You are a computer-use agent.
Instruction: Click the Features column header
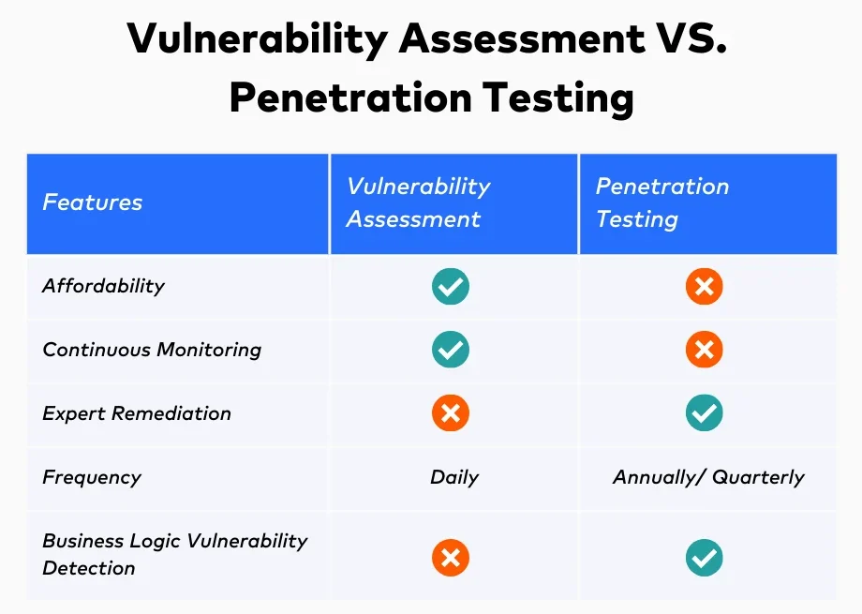(x=93, y=202)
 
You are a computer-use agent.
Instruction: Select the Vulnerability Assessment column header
(x=418, y=202)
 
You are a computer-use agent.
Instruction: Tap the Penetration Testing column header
(x=661, y=202)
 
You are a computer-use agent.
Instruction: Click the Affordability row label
(x=103, y=286)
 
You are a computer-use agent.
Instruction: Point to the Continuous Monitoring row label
(x=152, y=350)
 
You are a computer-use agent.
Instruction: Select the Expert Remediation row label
(x=137, y=413)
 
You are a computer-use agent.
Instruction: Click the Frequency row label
(x=92, y=477)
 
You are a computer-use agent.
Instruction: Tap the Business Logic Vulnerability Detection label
(x=174, y=554)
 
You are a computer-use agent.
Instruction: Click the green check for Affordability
(x=451, y=286)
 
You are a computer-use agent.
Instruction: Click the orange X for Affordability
(x=704, y=286)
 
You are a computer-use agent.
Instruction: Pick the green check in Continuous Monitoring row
(x=451, y=350)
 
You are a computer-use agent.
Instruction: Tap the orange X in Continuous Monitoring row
(x=704, y=350)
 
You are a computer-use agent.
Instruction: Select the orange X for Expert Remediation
(x=451, y=413)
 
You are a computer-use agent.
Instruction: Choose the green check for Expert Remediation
(x=704, y=413)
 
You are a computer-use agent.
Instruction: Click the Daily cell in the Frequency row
(x=454, y=477)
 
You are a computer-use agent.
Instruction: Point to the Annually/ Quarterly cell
(x=708, y=477)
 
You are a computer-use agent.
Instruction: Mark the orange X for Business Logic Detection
(x=451, y=558)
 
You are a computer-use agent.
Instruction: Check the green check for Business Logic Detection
(x=704, y=558)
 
